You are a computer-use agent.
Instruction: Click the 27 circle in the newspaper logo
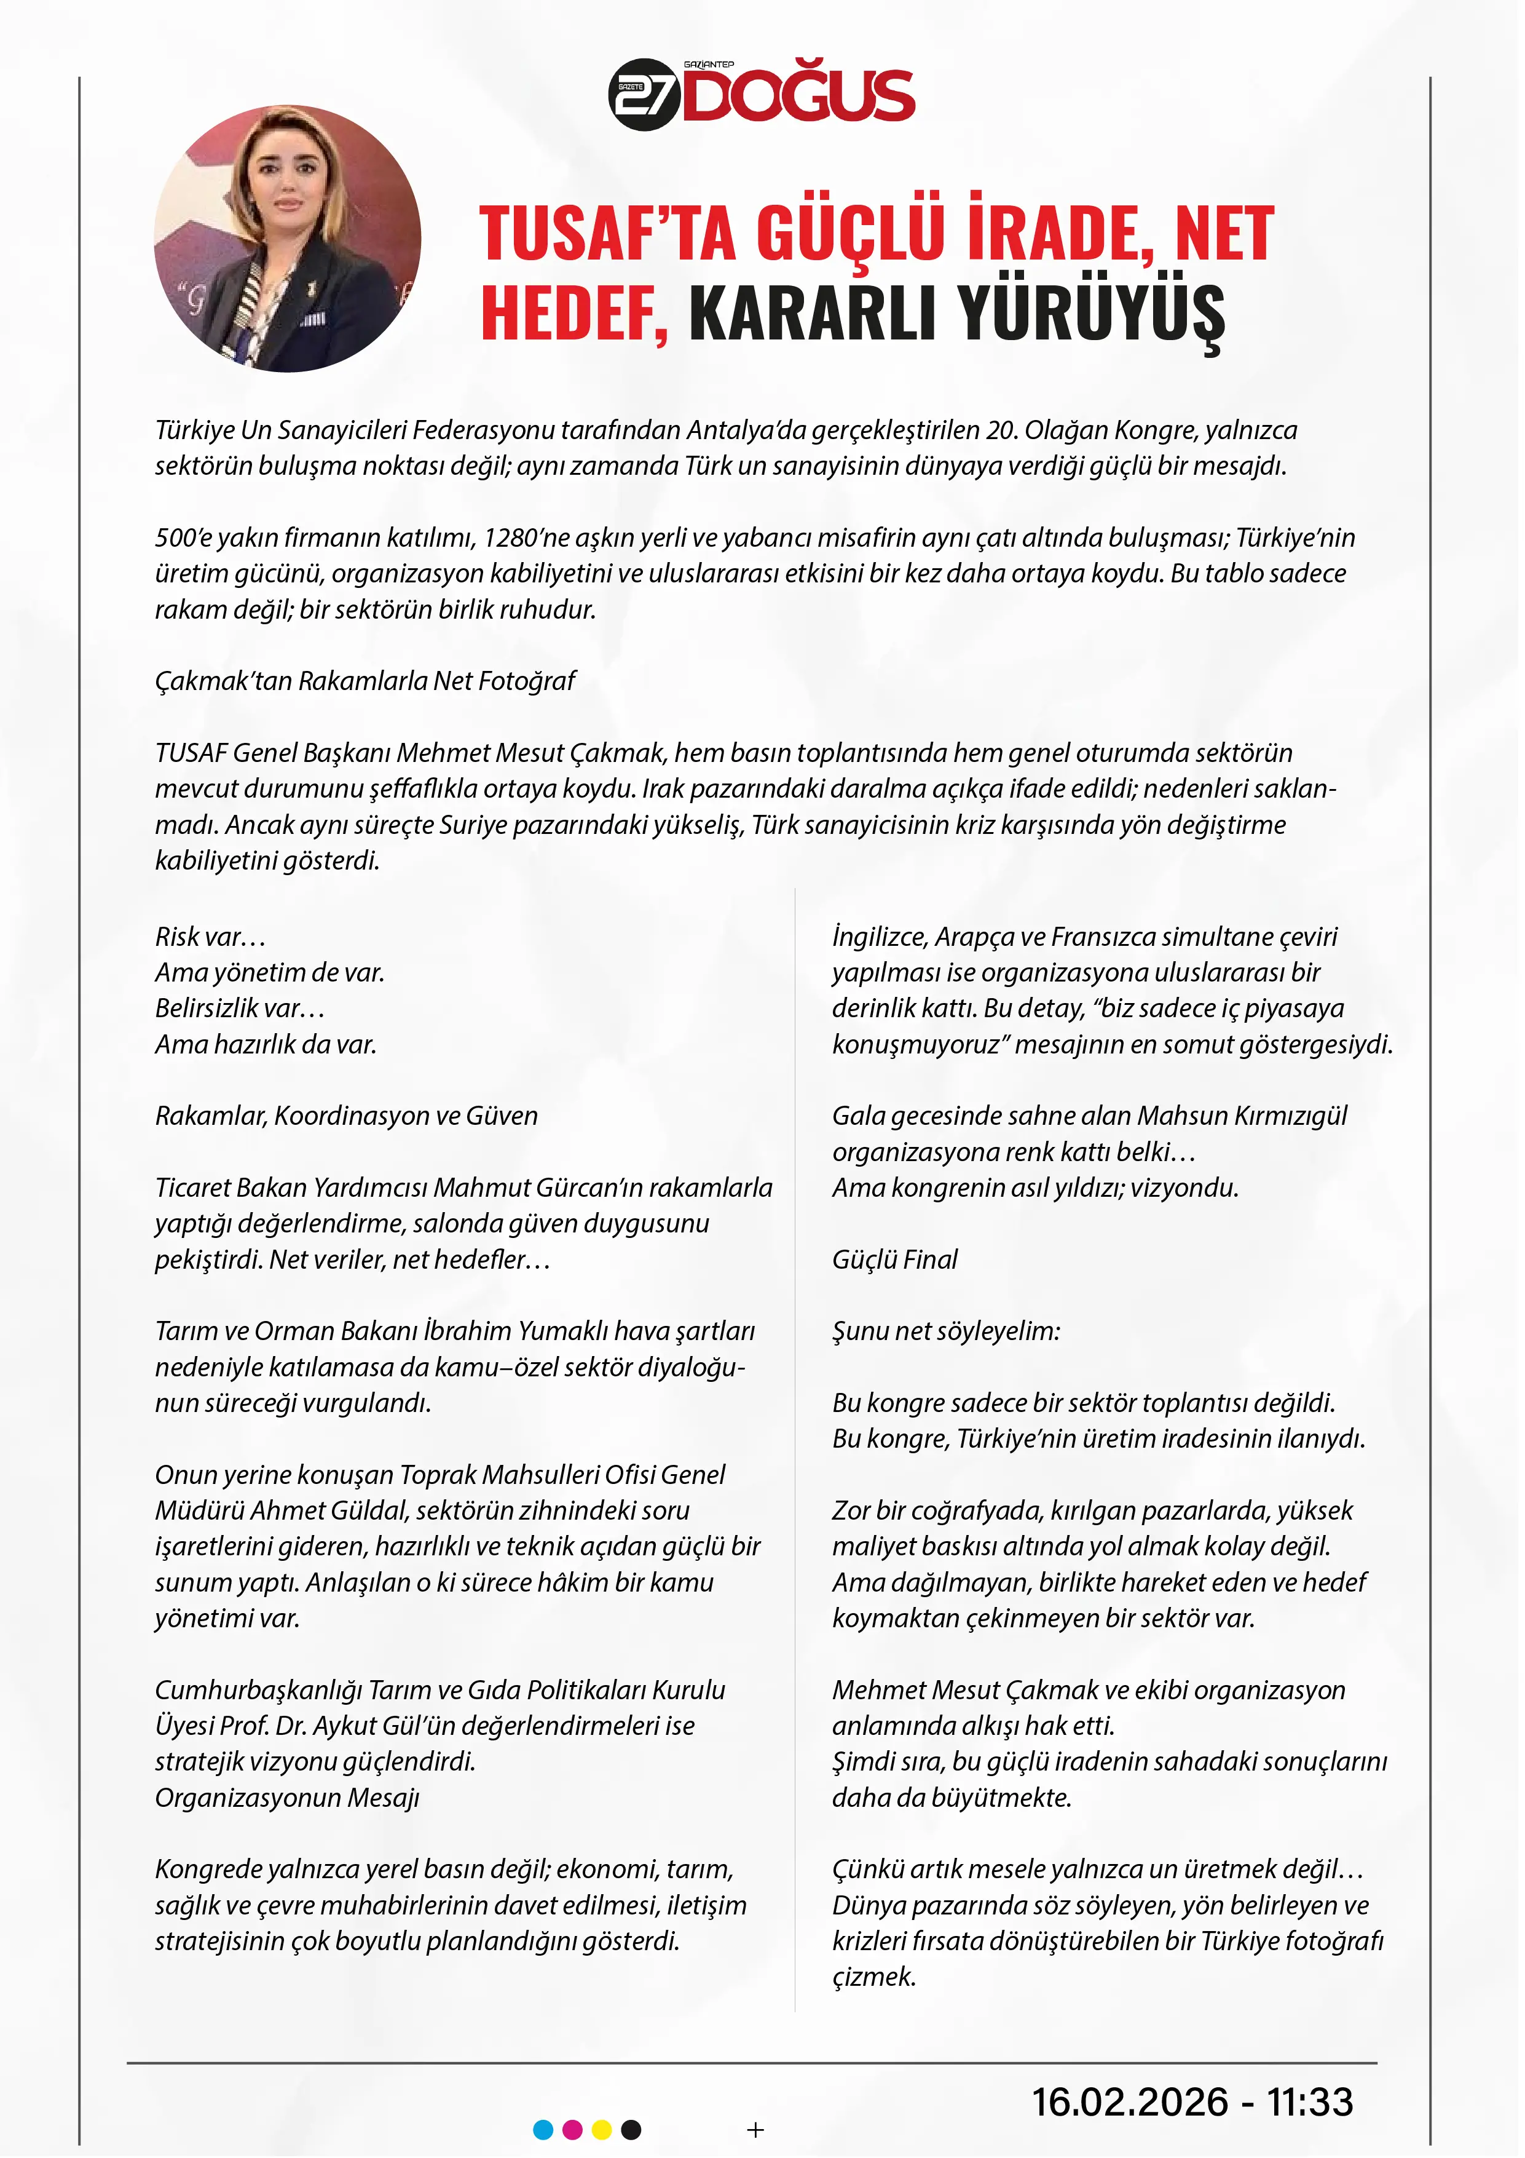[x=645, y=96]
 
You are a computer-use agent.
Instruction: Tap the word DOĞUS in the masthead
[x=798, y=96]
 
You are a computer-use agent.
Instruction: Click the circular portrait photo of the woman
[x=288, y=239]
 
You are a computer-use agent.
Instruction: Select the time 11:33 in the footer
[x=1310, y=2103]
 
